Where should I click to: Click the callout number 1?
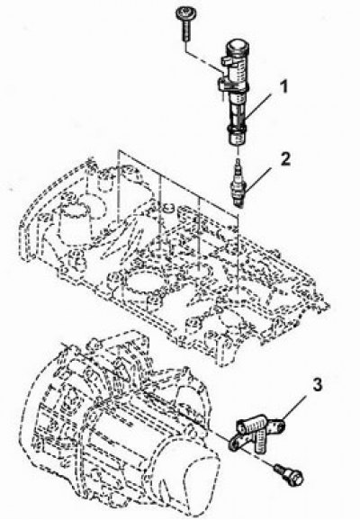click(283, 87)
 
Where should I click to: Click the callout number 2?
click(285, 159)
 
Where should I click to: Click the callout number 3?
click(317, 385)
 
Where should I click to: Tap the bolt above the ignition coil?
click(185, 24)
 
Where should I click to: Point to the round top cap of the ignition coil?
click(238, 47)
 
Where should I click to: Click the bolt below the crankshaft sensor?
click(289, 474)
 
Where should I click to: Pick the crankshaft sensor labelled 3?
click(257, 431)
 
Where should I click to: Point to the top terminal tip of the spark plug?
click(238, 162)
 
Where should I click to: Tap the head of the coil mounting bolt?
click(185, 14)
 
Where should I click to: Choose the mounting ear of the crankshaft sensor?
click(236, 442)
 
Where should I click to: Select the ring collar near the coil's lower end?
click(236, 129)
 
